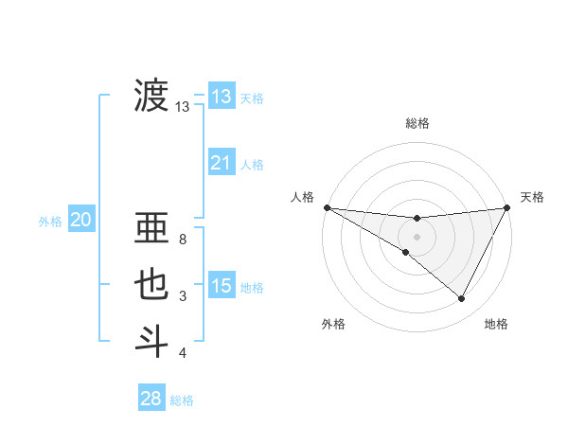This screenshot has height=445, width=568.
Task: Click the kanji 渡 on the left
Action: click(151, 96)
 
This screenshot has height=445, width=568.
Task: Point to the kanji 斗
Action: click(151, 341)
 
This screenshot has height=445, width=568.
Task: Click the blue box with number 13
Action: click(221, 97)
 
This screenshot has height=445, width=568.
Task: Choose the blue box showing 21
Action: click(221, 163)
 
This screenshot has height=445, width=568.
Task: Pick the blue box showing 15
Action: click(221, 286)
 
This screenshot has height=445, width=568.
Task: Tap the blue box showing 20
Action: click(80, 221)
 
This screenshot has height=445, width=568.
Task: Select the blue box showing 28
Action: click(151, 399)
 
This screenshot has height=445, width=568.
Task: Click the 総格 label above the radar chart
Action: click(417, 123)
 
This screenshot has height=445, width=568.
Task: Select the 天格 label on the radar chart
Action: click(532, 197)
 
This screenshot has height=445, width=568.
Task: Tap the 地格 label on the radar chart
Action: click(496, 324)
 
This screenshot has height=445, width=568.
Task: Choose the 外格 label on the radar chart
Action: click(333, 324)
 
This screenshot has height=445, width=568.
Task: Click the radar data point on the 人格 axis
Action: click(327, 207)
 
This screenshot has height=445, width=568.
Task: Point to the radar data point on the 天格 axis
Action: click(507, 207)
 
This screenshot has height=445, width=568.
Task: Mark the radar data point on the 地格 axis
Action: click(462, 299)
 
